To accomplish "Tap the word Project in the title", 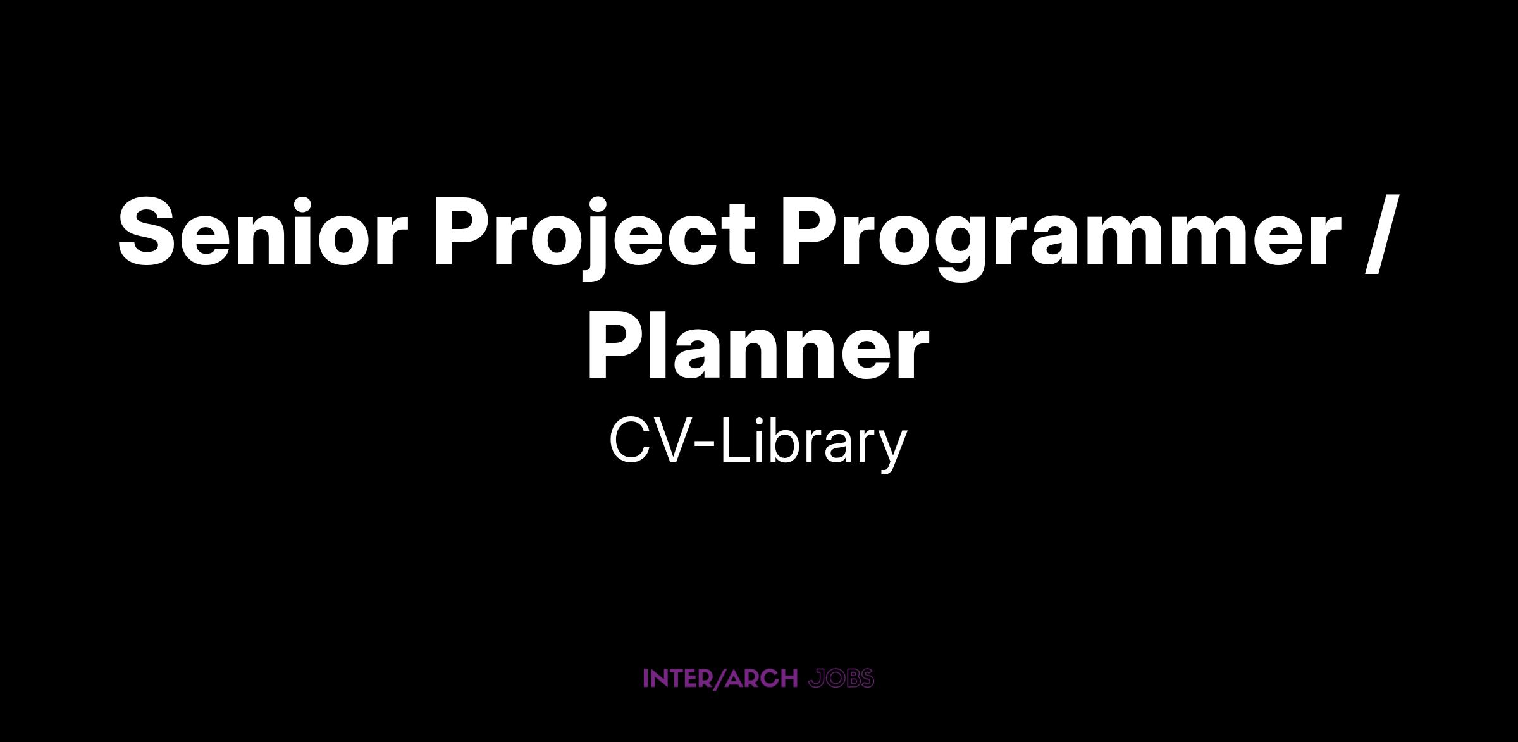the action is pyautogui.click(x=594, y=239).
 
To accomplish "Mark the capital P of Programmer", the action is pyautogui.click(x=810, y=232).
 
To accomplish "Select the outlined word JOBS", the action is pyautogui.click(x=841, y=679).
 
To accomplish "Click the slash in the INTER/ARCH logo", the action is pyautogui.click(x=715, y=679).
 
